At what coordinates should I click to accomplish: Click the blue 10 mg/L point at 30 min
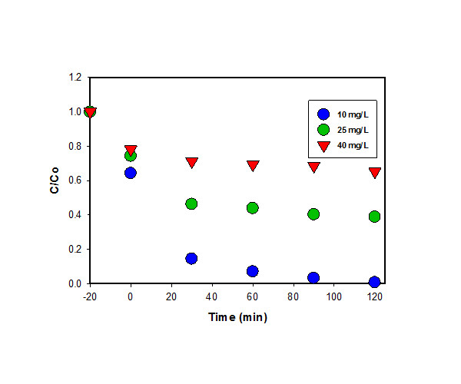click(x=191, y=258)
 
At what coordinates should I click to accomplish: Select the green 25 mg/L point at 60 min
click(x=252, y=207)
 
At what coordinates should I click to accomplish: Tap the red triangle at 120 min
click(x=375, y=173)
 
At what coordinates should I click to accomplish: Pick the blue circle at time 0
click(x=131, y=173)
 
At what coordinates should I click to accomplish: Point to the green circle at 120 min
click(x=375, y=217)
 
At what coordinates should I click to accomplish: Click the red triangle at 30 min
click(x=191, y=163)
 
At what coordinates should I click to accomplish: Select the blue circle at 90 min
click(x=313, y=277)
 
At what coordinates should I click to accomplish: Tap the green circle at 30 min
click(x=191, y=204)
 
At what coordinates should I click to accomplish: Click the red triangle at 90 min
click(x=313, y=167)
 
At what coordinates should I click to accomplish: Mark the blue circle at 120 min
click(x=375, y=282)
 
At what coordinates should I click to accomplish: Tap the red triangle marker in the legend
click(x=323, y=144)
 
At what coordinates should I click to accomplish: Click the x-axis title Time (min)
click(x=237, y=317)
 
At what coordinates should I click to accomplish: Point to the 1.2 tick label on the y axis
click(x=75, y=78)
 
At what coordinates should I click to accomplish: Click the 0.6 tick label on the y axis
click(x=75, y=180)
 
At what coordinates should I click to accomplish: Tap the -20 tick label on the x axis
click(x=89, y=296)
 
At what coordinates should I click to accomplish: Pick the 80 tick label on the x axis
click(x=294, y=296)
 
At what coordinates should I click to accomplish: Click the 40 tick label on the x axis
click(x=212, y=296)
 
